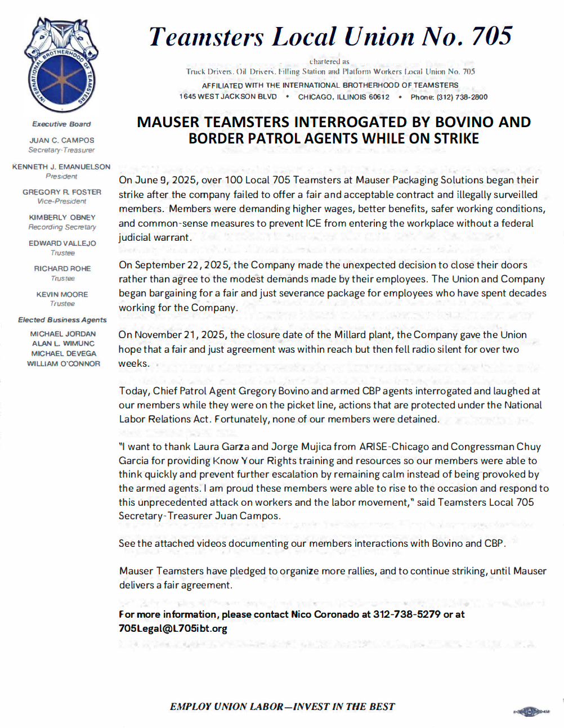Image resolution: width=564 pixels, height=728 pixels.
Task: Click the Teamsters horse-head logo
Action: tap(61, 64)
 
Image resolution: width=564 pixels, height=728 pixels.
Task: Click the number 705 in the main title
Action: tap(491, 37)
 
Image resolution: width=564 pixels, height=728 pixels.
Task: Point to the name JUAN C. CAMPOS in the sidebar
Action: tap(62, 140)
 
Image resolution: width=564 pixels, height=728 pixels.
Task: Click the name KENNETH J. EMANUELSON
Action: tap(61, 167)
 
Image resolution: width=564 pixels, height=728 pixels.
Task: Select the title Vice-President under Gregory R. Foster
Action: tap(62, 201)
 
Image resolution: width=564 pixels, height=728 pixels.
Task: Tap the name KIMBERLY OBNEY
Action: tap(62, 217)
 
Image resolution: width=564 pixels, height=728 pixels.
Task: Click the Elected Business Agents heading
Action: tap(62, 320)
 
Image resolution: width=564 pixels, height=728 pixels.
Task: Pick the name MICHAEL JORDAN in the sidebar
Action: tap(63, 334)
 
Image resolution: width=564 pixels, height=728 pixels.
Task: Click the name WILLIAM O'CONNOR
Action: tap(64, 363)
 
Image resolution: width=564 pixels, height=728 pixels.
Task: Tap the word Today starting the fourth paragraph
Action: tap(134, 391)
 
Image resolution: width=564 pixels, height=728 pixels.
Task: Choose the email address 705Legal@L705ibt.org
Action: tap(173, 628)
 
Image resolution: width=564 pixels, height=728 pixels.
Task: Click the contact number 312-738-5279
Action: tap(407, 614)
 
